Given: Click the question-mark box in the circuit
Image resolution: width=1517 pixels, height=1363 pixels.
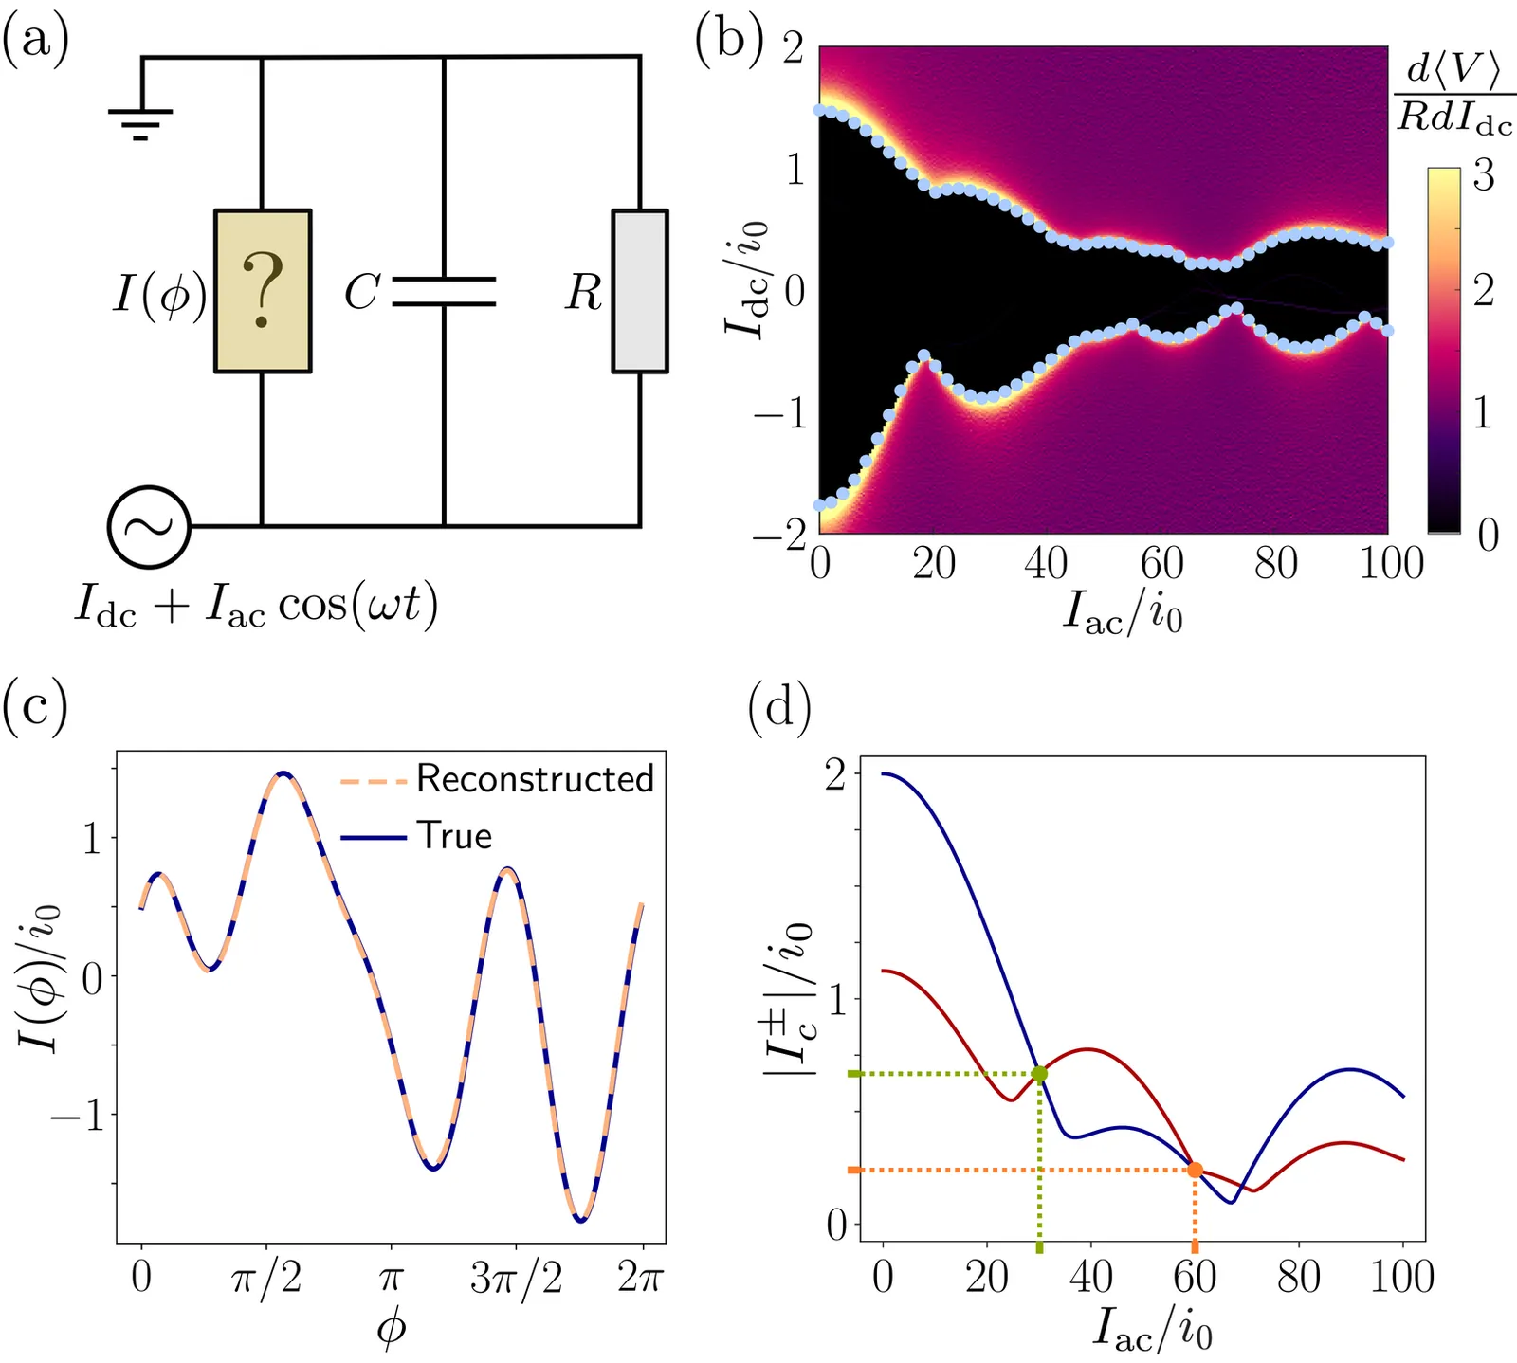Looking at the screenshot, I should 263,291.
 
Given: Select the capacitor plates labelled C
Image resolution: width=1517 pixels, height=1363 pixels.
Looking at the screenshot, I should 444,292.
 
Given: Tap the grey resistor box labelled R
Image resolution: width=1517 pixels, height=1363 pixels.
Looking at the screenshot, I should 640,291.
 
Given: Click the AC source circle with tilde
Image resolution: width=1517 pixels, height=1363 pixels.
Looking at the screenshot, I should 149,527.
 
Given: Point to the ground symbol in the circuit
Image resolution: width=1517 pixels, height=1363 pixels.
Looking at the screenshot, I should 140,118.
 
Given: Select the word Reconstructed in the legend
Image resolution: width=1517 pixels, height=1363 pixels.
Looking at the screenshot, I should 535,779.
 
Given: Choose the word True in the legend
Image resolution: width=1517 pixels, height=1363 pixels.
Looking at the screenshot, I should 455,836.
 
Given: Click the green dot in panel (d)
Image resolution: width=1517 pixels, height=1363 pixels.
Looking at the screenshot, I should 1039,1074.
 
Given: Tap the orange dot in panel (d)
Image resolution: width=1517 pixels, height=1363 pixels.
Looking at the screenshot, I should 1195,1170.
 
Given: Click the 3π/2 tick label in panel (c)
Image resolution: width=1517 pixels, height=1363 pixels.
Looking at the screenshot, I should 516,1280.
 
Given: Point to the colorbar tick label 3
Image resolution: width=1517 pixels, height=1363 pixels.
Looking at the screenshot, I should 1484,176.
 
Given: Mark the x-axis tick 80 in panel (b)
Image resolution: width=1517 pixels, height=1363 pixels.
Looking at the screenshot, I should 1275,564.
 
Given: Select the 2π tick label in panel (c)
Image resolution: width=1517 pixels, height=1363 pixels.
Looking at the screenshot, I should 641,1280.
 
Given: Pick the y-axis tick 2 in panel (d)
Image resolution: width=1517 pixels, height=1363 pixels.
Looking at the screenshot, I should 837,774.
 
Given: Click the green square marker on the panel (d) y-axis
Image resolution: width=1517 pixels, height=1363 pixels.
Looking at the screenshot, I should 853,1074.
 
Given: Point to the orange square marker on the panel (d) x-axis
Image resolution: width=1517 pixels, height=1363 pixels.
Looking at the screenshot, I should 1195,1248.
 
